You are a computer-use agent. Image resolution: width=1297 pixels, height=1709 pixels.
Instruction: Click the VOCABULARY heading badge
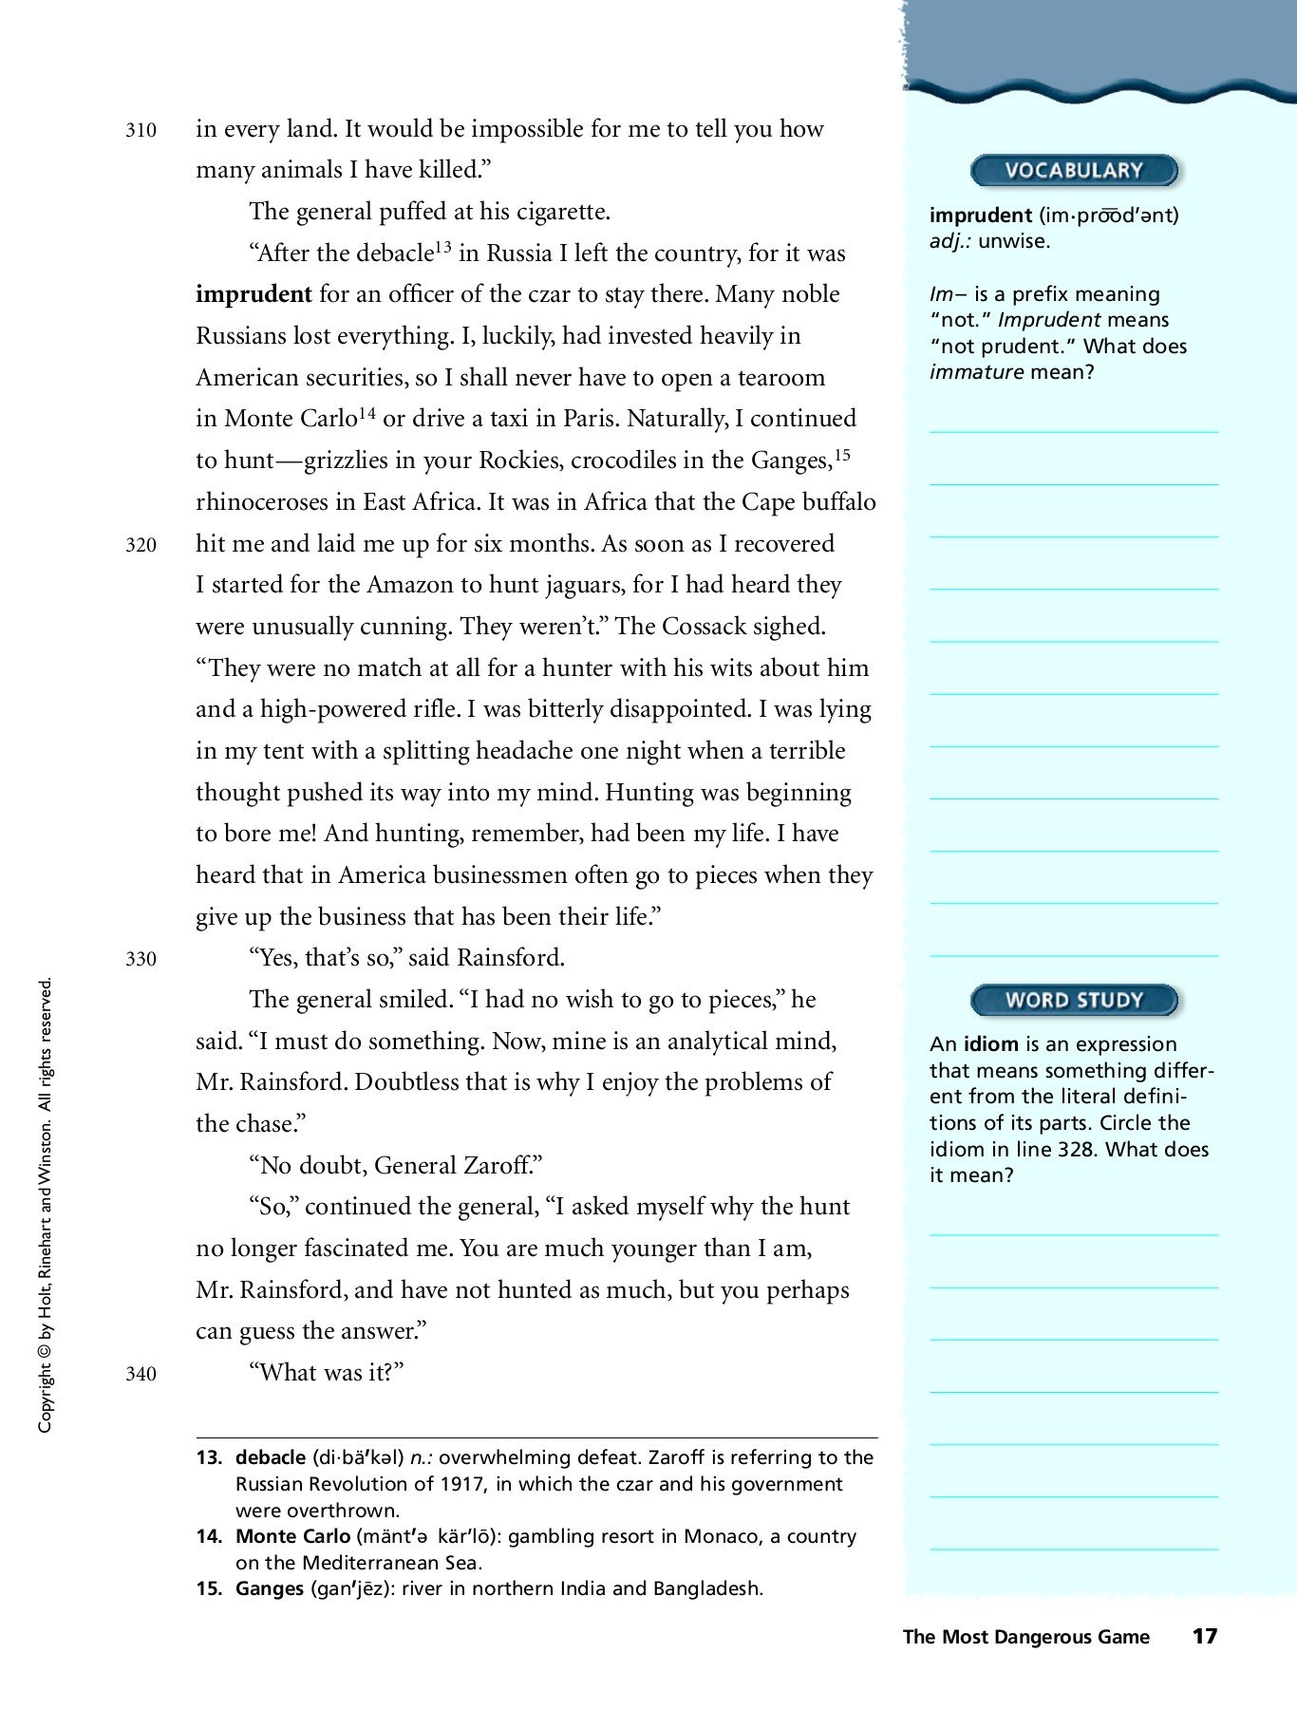pos(1073,171)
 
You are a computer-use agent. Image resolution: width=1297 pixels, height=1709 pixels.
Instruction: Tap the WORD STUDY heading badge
pos(1073,1000)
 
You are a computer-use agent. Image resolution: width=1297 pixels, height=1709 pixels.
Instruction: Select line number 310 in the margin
pos(141,130)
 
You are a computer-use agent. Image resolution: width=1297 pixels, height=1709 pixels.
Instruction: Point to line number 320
pos(141,545)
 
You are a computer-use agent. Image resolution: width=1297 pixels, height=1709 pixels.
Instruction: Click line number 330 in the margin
pos(141,959)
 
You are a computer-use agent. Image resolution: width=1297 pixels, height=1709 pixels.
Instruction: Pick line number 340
pos(141,1374)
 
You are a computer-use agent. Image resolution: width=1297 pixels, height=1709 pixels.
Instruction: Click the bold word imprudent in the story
pos(254,294)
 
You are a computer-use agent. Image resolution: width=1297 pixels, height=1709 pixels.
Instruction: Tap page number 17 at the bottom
pos(1204,1636)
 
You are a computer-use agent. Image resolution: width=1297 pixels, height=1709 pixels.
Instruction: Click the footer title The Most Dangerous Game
pos(1025,1637)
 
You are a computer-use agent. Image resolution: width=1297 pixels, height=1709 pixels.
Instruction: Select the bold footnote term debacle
pos(270,1457)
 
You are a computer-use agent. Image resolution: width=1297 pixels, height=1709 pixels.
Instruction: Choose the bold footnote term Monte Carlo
pos(292,1536)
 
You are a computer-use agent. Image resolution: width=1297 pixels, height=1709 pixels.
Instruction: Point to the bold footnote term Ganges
pos(270,1588)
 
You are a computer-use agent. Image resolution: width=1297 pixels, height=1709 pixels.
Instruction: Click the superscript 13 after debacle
pos(442,247)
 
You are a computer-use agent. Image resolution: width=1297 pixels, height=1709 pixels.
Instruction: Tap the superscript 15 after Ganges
pos(841,454)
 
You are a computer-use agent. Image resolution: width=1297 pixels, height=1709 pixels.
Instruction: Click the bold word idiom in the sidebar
pos(990,1044)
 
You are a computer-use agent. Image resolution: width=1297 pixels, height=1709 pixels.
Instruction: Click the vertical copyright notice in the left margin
pos(45,1206)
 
